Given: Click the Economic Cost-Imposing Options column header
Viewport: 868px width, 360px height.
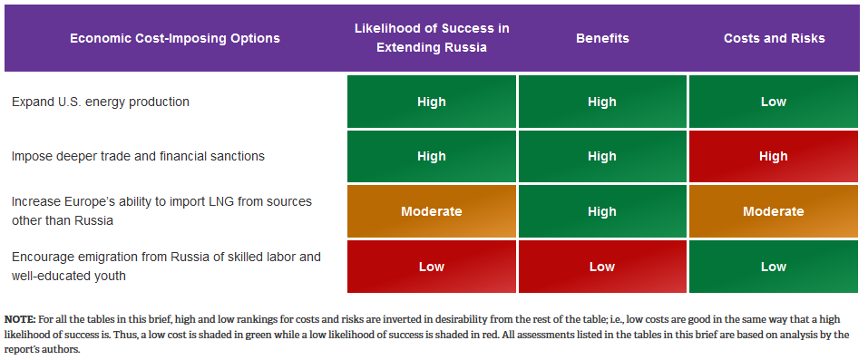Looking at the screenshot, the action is [175, 38].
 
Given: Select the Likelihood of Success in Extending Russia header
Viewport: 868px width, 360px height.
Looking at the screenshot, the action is [432, 38].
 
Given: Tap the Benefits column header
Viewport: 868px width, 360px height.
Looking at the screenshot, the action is [602, 38].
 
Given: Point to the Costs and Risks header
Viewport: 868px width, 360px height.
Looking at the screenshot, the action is [774, 38].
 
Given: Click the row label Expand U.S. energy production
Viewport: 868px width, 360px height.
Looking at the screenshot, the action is [101, 102].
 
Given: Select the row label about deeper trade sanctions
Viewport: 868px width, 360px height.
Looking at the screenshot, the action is [139, 156].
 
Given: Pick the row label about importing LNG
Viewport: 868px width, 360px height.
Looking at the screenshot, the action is [161, 211].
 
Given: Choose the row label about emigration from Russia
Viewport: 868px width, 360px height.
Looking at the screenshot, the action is [166, 266].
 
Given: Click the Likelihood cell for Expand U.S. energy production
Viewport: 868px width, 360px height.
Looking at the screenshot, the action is [432, 102].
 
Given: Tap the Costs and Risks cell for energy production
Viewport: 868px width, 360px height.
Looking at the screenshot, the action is [774, 102].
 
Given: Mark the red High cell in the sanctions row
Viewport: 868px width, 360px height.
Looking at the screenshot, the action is [774, 156].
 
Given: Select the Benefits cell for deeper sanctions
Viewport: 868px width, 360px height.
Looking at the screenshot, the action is [602, 156].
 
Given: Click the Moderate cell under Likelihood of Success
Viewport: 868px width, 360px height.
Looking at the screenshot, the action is [432, 211].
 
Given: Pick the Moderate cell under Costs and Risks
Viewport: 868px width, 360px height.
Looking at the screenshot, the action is [774, 211].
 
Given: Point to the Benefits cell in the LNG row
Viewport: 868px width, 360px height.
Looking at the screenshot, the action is [602, 211].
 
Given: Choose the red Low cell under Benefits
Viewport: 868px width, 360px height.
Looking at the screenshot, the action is [602, 267].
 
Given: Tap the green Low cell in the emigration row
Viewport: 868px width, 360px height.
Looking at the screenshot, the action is [774, 267].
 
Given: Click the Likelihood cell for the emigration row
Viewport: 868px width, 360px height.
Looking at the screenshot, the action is [432, 267].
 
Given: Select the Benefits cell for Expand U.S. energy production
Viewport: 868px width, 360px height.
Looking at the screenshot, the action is [602, 102].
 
